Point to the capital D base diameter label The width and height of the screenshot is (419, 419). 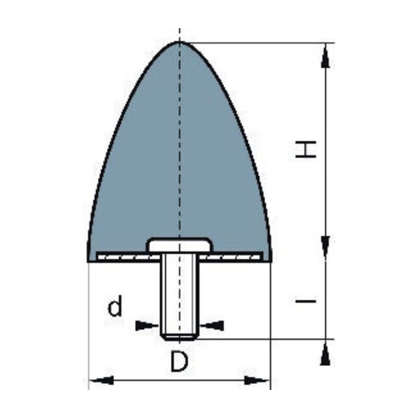click(x=178, y=363)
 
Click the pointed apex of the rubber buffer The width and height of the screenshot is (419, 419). click(x=179, y=42)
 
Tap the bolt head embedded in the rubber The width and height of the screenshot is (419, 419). click(x=179, y=245)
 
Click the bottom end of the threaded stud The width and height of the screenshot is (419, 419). click(x=179, y=337)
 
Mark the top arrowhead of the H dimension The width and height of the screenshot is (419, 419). click(x=324, y=55)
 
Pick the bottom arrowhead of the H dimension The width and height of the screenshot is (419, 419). click(x=324, y=248)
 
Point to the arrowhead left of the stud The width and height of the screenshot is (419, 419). click(x=150, y=325)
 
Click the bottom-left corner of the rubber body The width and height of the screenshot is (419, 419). click(x=89, y=260)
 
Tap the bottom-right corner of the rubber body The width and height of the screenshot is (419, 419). click(x=269, y=260)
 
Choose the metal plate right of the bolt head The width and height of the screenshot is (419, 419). click(x=235, y=257)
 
